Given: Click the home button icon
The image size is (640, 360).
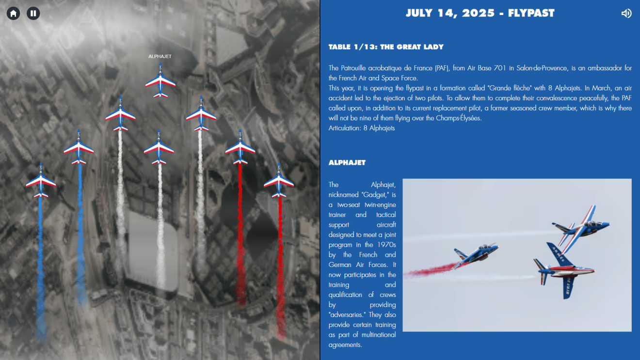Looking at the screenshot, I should tap(14, 14).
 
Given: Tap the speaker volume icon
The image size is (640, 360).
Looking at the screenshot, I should tap(626, 14).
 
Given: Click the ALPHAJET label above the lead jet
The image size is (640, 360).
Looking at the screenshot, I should tap(160, 57).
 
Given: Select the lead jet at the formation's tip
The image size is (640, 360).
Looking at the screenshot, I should tap(160, 81).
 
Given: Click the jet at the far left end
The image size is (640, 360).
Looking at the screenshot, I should tap(41, 182).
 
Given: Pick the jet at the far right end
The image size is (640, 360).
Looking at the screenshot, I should tap(279, 182).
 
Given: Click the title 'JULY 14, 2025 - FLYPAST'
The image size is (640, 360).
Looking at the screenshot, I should tap(480, 14).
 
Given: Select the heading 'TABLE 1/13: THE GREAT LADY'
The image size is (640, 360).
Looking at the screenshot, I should tap(386, 47).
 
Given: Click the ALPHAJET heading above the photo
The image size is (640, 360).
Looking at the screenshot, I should tap(347, 163).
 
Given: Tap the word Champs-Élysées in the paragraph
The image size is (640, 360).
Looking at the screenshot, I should tap(459, 118).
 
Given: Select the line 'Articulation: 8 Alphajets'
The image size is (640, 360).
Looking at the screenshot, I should tap(362, 128).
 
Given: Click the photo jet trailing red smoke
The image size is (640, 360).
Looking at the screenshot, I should tap(475, 254).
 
